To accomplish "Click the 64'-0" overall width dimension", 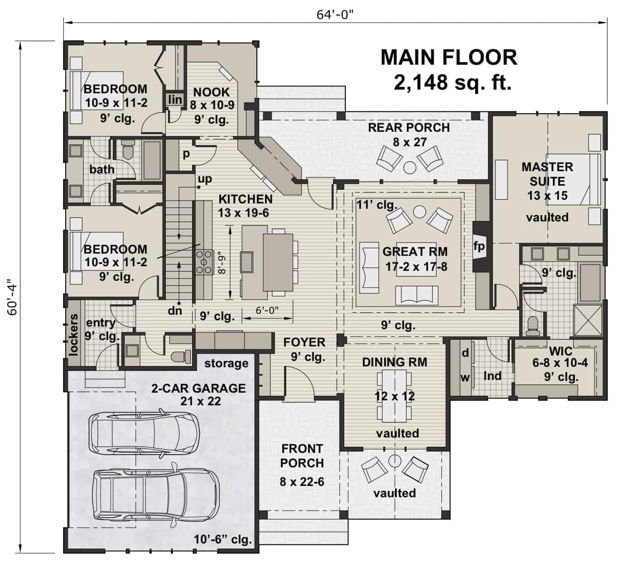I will coord(334,14).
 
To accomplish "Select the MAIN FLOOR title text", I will coord(448,58).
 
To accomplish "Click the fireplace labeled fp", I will coord(479,246).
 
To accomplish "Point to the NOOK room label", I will coord(211,92).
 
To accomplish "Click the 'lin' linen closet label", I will coord(175,100).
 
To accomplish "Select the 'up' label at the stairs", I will coord(205,179).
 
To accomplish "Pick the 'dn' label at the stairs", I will coord(175,311).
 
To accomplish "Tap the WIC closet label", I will coord(560,351).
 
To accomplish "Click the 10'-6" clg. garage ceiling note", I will coord(222,539).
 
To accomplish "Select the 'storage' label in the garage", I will coord(226,363).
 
